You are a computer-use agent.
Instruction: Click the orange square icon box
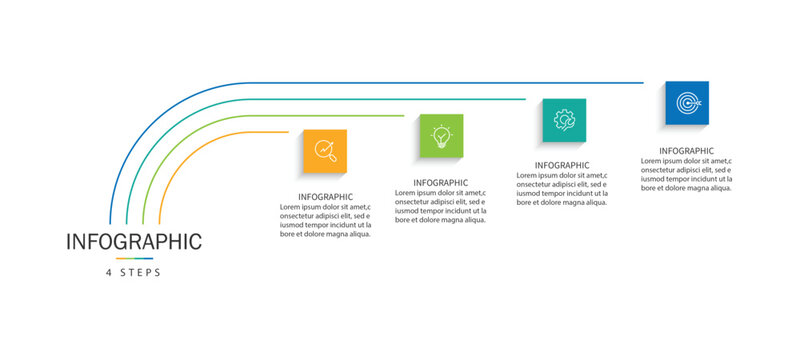click(325, 151)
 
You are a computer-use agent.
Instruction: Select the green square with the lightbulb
click(441, 136)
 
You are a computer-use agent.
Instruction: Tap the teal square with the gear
click(564, 120)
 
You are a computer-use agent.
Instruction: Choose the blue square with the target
click(687, 103)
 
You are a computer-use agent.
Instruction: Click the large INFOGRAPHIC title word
click(134, 242)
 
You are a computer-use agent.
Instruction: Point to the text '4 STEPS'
click(134, 272)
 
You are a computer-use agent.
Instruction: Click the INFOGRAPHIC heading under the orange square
click(326, 197)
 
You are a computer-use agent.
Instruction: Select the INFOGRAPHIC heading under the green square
click(441, 183)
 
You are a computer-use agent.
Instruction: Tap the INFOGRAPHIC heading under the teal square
click(562, 165)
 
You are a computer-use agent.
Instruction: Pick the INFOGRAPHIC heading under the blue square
click(686, 151)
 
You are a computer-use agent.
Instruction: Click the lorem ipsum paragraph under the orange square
click(326, 221)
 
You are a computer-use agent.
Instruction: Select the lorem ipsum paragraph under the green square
click(441, 206)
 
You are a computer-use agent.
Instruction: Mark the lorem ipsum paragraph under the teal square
click(562, 189)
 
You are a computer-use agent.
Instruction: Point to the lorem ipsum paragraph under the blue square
click(686, 174)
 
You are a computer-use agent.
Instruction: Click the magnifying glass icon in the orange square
click(325, 151)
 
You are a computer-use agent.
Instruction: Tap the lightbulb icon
click(441, 136)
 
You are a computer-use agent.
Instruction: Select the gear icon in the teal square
click(564, 120)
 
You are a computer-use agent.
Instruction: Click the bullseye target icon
click(687, 103)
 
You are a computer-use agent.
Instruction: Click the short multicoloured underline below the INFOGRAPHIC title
click(134, 258)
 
